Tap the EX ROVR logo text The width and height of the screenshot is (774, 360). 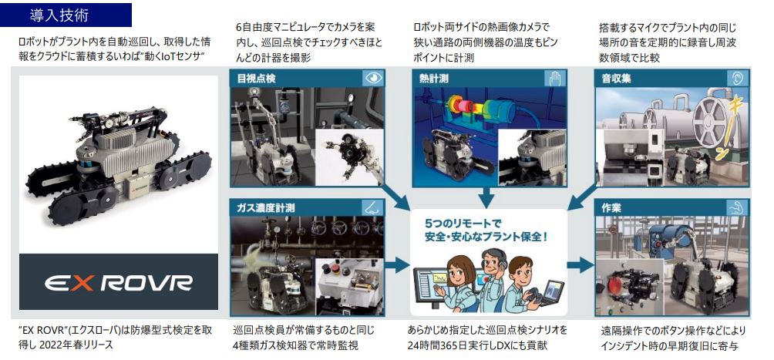tap(119, 282)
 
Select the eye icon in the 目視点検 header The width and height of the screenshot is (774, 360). tap(372, 78)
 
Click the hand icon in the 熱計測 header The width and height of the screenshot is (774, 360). tap(554, 78)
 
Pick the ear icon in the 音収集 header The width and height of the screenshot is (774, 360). tap(738, 78)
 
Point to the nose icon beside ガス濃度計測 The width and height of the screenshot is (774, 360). tap(372, 207)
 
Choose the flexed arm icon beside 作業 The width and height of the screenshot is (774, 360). tap(738, 207)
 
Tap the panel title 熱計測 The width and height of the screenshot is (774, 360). tap(434, 79)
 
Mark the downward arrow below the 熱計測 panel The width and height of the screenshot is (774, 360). tap(486, 197)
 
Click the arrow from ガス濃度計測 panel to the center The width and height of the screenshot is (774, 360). tap(397, 265)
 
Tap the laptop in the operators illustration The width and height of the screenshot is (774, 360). tap(551, 293)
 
